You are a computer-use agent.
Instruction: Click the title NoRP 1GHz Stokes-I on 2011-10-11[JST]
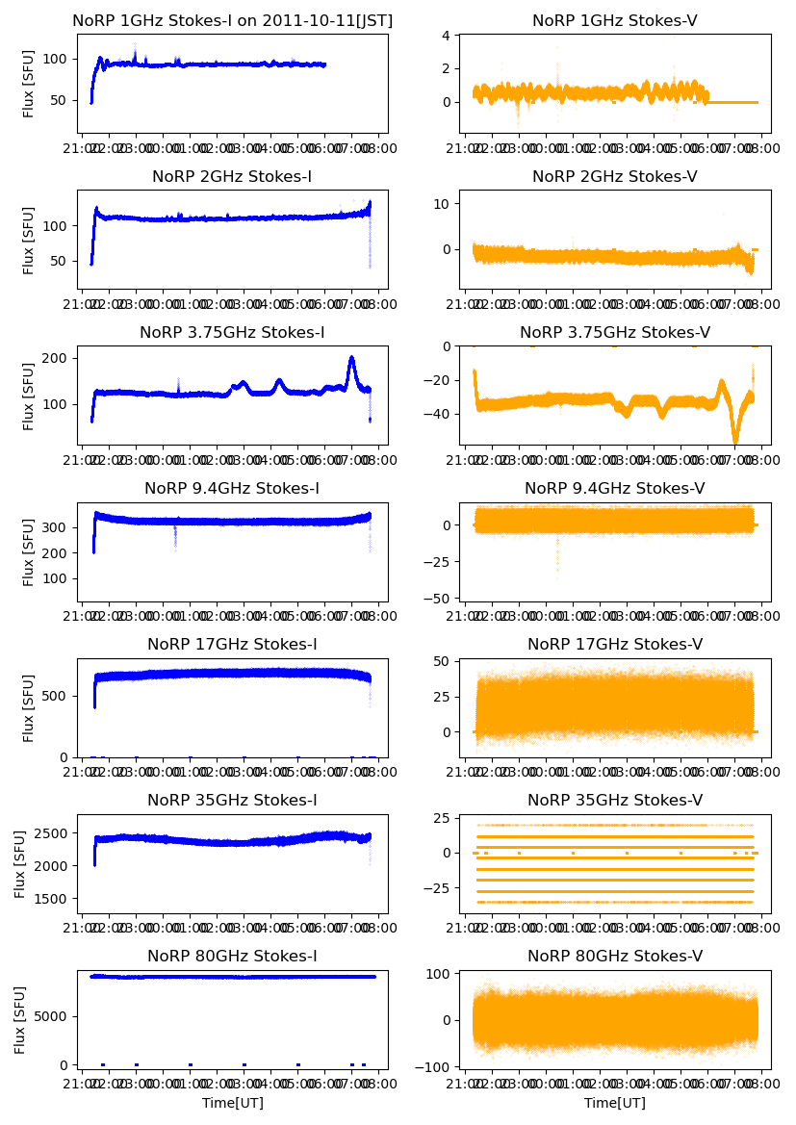(x=233, y=20)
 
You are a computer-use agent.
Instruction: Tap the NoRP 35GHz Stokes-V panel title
(x=615, y=800)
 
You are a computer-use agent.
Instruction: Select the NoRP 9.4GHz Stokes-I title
(x=233, y=488)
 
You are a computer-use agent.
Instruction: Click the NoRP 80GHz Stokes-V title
(x=615, y=956)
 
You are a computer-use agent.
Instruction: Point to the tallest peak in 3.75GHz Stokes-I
(x=351, y=358)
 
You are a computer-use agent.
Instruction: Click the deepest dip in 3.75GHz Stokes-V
(x=735, y=442)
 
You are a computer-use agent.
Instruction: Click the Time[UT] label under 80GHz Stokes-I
(x=233, y=1103)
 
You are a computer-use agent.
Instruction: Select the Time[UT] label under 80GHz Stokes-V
(x=615, y=1103)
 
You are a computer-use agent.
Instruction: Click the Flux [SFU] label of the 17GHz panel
(x=29, y=707)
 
